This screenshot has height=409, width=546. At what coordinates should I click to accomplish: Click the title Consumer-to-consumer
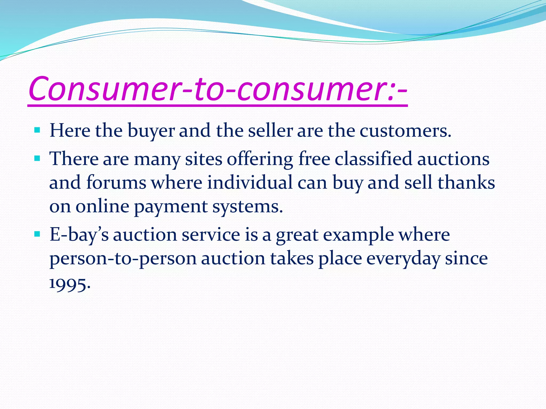218,88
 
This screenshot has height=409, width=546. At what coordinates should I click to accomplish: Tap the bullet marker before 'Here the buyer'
37,130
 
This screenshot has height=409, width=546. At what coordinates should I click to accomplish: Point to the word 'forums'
116,183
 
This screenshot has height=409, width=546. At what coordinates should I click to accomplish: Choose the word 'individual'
250,183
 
